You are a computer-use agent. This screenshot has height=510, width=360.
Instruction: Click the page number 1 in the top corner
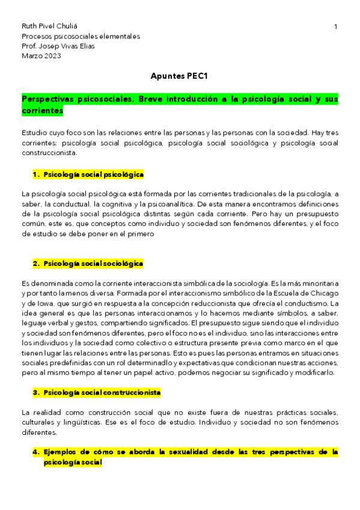tap(335, 26)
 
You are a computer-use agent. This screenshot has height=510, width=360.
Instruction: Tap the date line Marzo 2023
tap(41, 56)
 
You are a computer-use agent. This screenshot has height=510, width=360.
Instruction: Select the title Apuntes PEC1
tap(180, 76)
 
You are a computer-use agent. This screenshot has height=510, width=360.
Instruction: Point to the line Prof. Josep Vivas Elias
tap(58, 46)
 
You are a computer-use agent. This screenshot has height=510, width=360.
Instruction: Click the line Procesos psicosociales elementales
tap(81, 36)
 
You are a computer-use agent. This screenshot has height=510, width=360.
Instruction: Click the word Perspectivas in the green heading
tap(53, 99)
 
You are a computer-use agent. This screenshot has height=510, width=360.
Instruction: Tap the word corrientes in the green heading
tap(42, 111)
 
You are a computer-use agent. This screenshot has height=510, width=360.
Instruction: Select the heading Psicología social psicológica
tap(93, 174)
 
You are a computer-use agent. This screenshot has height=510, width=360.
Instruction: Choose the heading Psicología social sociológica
tap(93, 263)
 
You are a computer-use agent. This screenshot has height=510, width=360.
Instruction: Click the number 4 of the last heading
tap(35, 451)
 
